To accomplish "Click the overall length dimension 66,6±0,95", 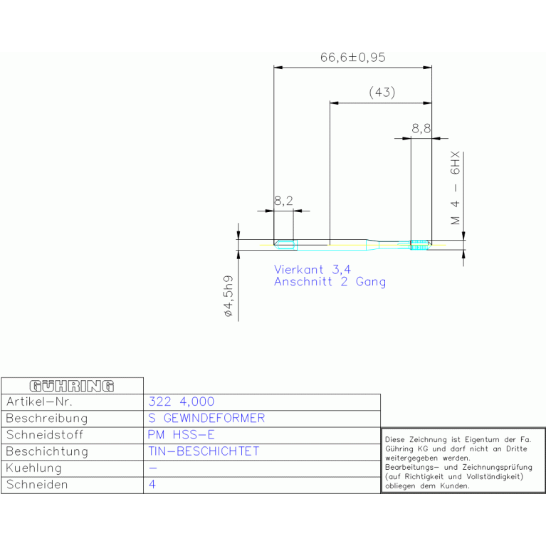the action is click(x=353, y=58).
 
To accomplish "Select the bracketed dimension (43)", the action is click(x=382, y=93).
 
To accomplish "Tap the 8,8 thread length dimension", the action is click(x=421, y=129).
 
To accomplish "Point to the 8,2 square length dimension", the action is click(x=283, y=201).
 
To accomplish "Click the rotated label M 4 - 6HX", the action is click(x=456, y=188).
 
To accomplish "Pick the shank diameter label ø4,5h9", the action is click(x=228, y=296).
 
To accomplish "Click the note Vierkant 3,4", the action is click(x=313, y=270).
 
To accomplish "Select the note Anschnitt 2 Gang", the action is click(x=330, y=282).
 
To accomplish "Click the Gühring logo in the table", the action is click(x=72, y=386).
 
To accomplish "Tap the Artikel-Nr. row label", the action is click(x=39, y=401).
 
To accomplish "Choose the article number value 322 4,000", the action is click(x=181, y=401).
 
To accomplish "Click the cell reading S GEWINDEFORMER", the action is click(x=206, y=418).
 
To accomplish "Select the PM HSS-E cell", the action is click(x=181, y=434).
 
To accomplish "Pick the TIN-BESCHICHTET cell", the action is click(x=204, y=451).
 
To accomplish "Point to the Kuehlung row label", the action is click(x=33, y=468).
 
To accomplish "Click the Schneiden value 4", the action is click(x=152, y=484).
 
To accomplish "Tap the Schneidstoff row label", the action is click(x=45, y=434).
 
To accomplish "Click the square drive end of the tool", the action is click(x=285, y=245).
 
